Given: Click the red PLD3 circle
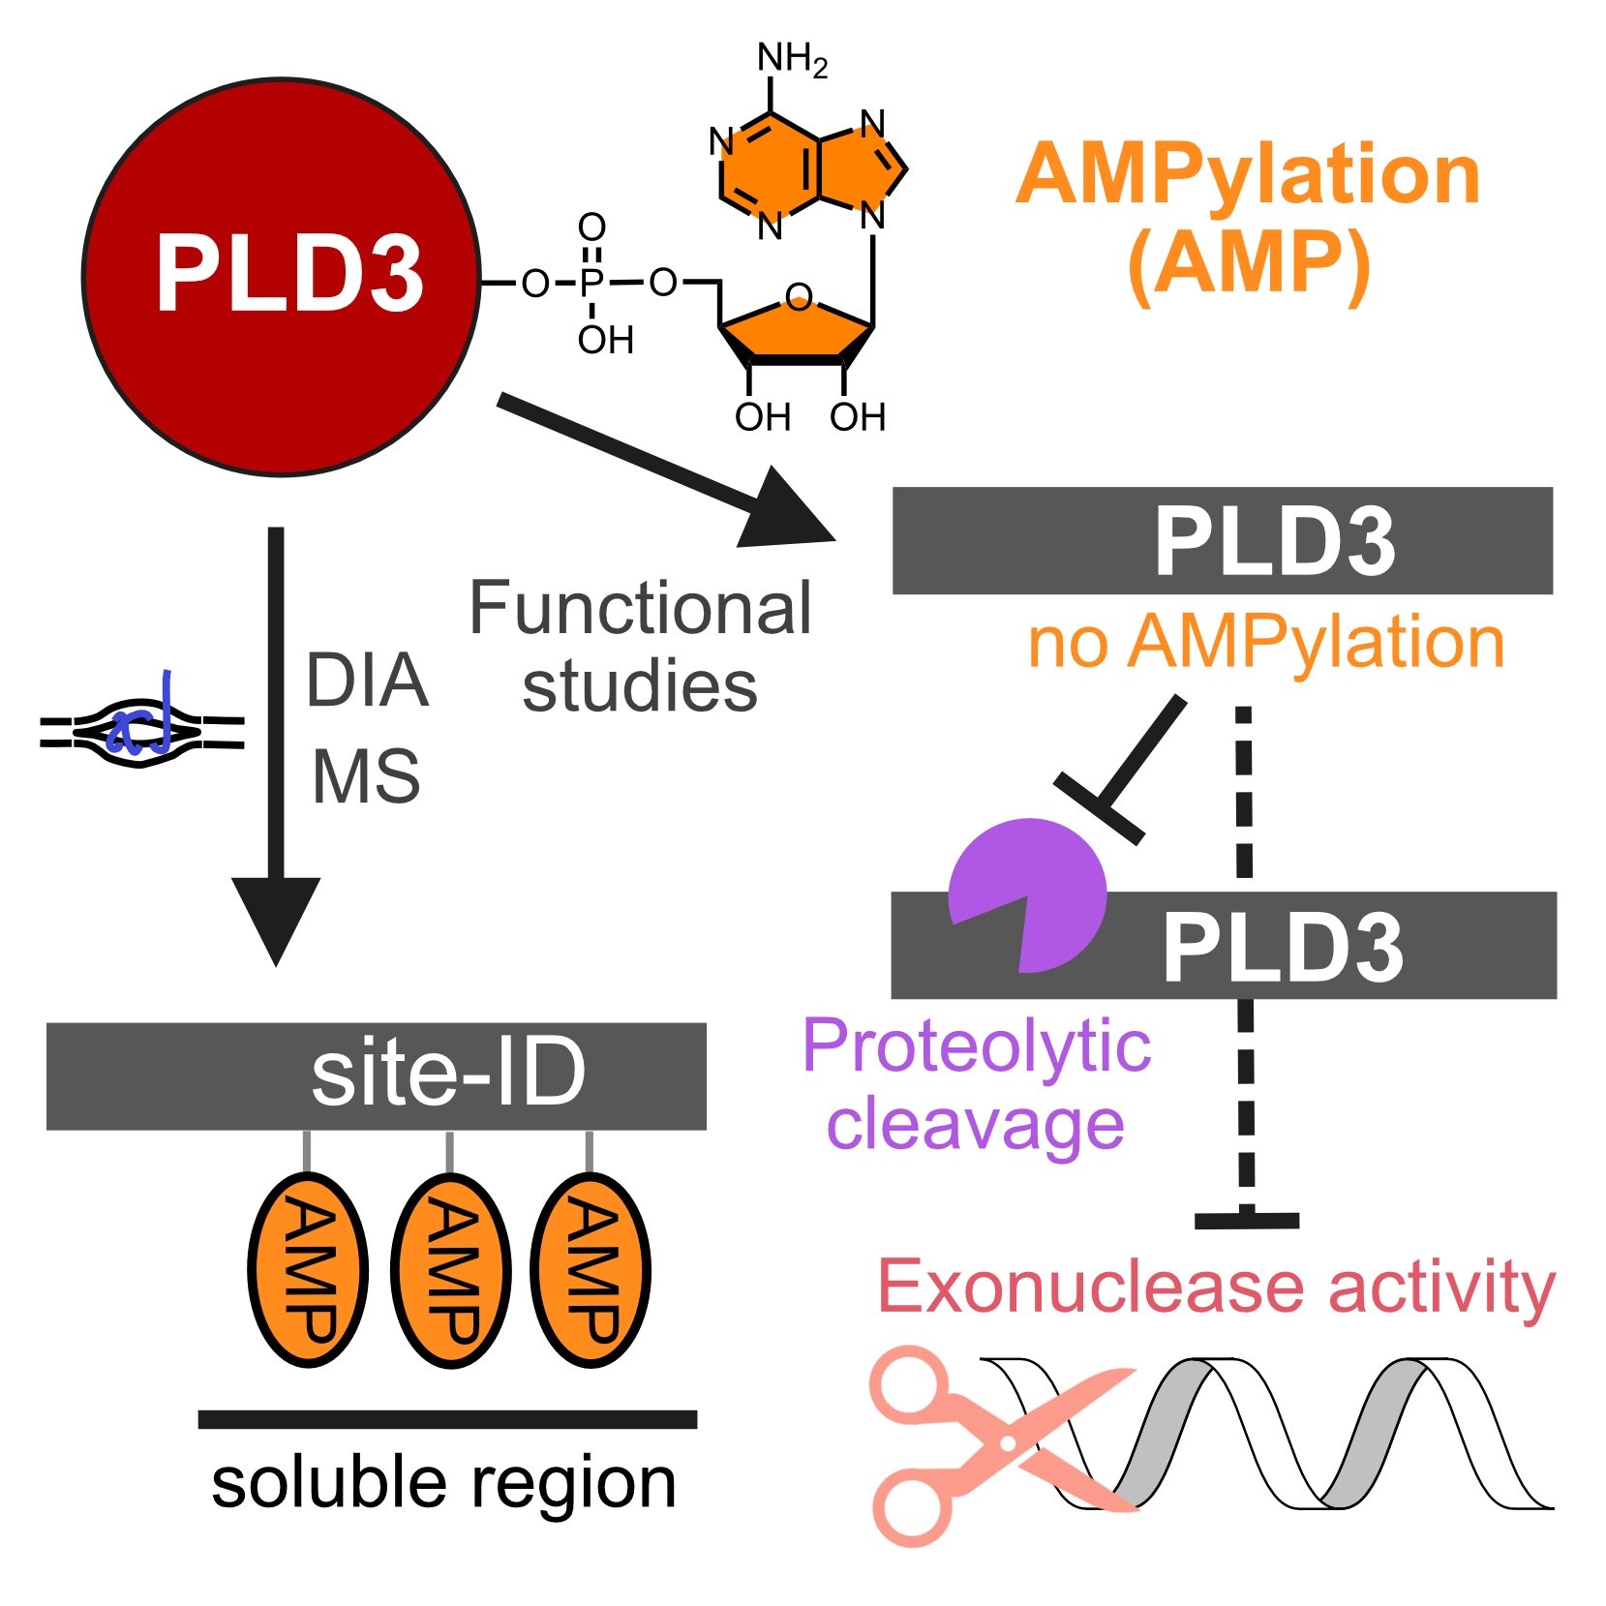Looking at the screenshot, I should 282,277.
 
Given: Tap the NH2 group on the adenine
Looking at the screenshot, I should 792,59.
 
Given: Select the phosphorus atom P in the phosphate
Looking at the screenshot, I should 591,283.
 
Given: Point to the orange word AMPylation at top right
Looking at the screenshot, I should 1248,175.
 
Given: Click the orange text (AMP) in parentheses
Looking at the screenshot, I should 1249,263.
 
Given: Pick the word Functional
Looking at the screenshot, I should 640,609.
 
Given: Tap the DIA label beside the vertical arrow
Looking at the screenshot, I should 367,681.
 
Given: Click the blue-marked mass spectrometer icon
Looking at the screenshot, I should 141,732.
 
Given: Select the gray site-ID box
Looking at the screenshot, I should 376,1076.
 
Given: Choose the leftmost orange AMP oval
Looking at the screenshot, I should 308,1270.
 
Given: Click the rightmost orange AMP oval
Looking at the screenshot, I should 591,1270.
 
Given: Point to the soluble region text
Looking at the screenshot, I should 443,1483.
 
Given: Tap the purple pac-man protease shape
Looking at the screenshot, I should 1031,894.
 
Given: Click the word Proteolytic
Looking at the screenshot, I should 976,1045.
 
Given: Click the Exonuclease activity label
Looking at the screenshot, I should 1216,1287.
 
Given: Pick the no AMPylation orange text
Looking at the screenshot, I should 1265,642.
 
